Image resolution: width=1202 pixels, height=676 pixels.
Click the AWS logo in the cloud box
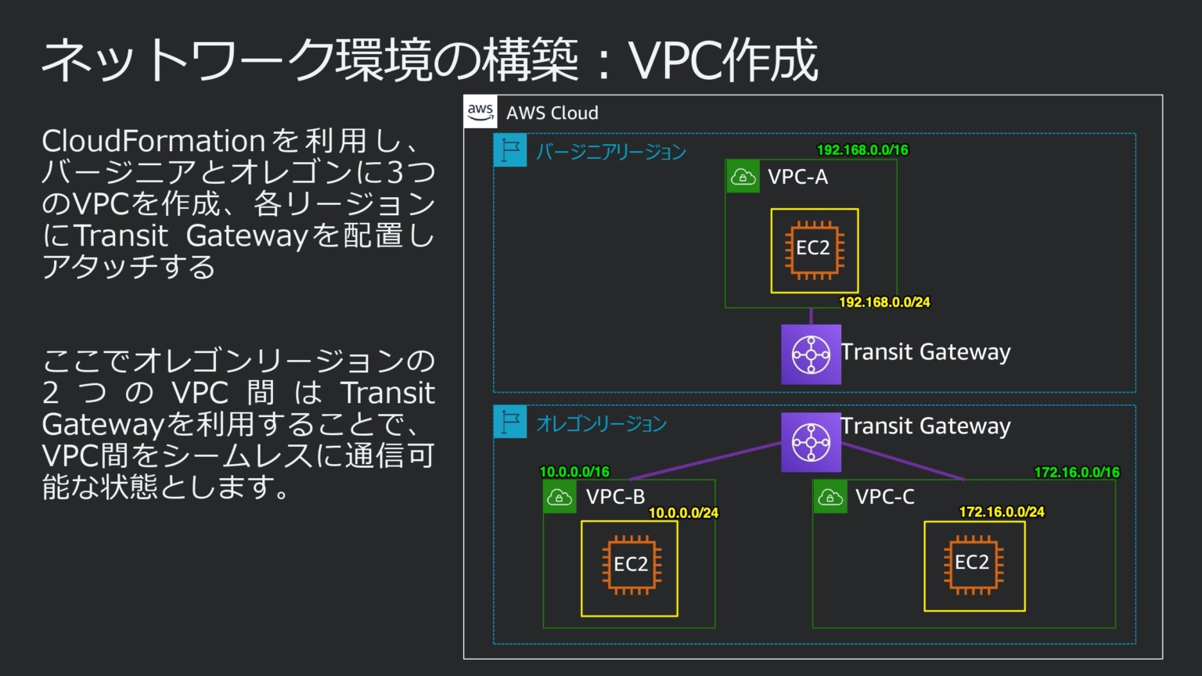point(480,112)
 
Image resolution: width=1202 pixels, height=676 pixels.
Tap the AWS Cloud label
point(552,113)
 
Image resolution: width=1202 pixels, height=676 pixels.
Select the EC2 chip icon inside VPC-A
point(814,250)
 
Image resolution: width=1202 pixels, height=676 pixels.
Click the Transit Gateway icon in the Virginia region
point(811,354)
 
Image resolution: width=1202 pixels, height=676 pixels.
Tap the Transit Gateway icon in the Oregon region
point(811,442)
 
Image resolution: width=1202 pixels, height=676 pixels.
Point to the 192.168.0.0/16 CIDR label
point(862,150)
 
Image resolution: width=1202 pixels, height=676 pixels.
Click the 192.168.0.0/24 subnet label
point(884,302)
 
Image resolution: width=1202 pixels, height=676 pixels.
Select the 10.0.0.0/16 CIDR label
point(574,472)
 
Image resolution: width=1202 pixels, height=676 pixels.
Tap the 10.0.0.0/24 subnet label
point(683,513)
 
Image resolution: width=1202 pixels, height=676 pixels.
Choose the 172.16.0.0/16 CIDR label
point(1077,473)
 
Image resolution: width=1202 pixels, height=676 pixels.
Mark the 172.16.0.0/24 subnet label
point(1002,512)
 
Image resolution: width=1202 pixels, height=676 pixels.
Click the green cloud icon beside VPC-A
point(742,177)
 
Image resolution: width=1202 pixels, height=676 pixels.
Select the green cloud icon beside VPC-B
point(560,497)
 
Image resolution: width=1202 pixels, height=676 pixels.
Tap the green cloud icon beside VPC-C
point(830,497)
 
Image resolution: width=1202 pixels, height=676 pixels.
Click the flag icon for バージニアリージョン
point(510,150)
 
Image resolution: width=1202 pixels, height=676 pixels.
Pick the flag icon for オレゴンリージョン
point(510,422)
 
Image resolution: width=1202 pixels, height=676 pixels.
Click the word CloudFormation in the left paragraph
point(153,142)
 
